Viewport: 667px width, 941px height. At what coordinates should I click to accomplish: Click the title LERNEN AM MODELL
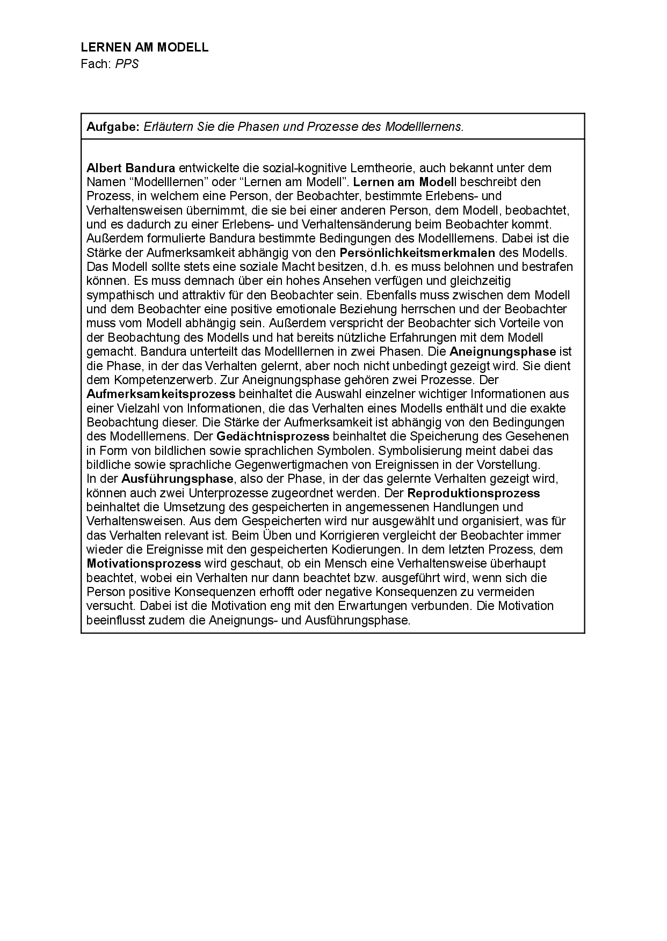144,47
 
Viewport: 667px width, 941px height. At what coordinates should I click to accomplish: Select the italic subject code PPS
127,64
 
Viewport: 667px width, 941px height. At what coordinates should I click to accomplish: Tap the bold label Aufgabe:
113,127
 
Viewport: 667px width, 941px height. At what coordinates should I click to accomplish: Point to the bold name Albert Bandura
131,168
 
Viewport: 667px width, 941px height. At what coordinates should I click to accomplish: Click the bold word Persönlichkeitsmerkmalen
417,253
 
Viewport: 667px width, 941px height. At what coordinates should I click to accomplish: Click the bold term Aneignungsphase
503,352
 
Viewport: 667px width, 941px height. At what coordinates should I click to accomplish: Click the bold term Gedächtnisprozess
273,437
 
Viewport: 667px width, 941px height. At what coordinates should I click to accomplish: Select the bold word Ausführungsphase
177,479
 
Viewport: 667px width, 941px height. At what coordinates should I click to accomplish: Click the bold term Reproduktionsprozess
474,493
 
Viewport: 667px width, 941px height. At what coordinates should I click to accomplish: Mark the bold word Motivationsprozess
144,564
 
